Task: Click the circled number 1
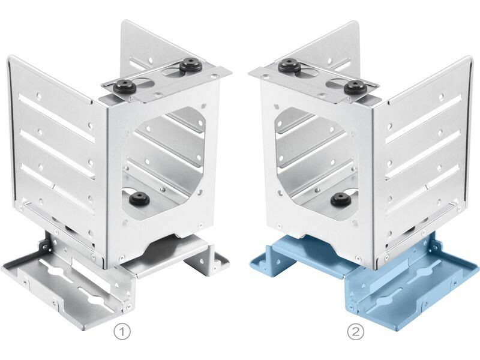122,332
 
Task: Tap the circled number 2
356,331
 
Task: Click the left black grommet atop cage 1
125,86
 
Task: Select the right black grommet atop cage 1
188,65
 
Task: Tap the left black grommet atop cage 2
290,65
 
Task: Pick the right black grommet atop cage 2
355,86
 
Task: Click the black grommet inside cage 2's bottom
341,199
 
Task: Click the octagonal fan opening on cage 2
316,163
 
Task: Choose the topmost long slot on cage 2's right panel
424,118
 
